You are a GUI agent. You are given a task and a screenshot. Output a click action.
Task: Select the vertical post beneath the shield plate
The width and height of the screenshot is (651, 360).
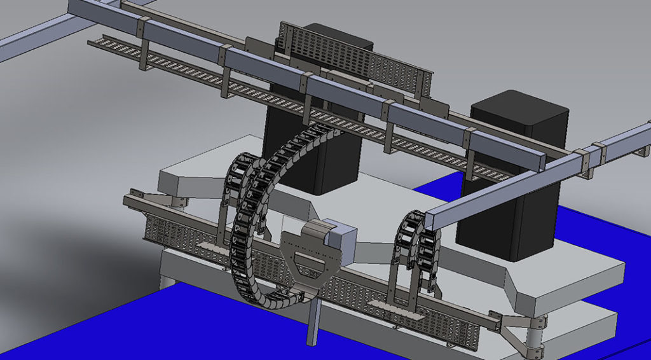(312, 321)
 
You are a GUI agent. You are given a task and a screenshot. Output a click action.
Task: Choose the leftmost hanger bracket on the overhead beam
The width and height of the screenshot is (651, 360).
(144, 51)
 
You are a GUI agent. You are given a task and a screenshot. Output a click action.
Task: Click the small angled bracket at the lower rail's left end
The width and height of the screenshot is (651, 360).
(137, 194)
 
